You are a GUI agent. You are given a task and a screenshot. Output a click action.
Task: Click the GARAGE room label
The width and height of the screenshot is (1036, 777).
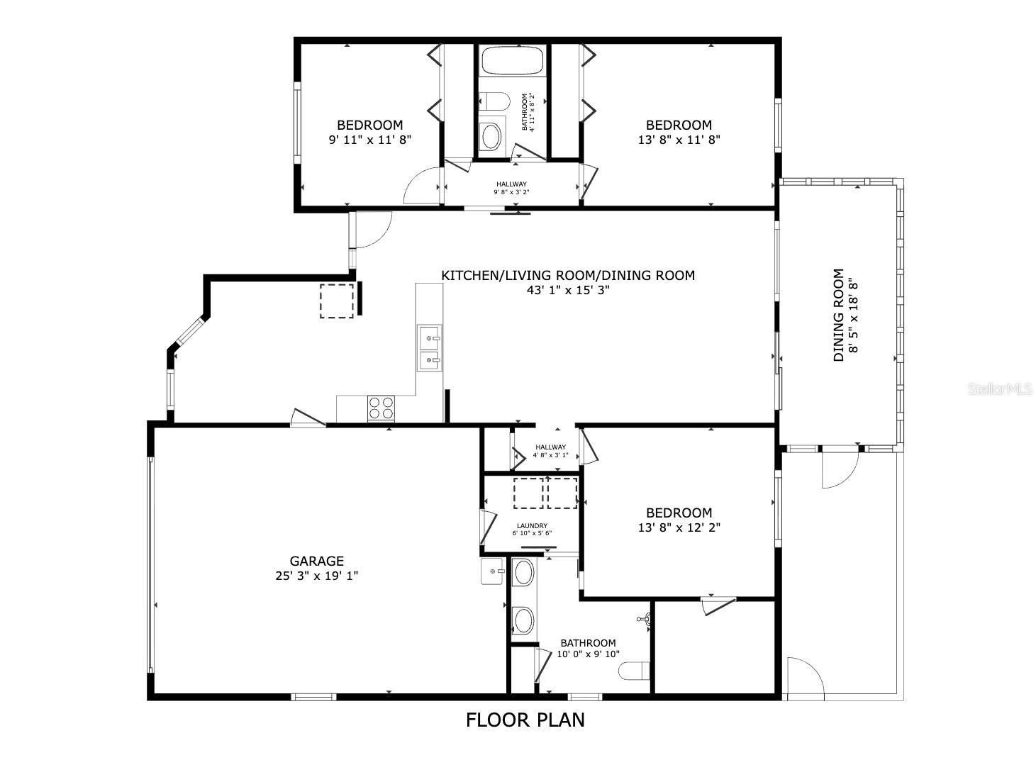(x=316, y=561)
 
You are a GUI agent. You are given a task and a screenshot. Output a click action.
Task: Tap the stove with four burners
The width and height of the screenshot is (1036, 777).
(x=381, y=408)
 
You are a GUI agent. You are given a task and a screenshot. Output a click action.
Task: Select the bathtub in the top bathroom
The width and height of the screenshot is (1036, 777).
(x=511, y=61)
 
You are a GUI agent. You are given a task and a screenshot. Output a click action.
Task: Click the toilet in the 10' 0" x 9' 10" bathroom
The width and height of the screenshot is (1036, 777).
(x=634, y=671)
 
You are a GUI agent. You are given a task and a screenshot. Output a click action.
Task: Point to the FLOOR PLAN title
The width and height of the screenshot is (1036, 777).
(x=525, y=720)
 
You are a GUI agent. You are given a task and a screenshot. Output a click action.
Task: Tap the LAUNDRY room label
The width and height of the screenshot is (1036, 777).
(x=531, y=526)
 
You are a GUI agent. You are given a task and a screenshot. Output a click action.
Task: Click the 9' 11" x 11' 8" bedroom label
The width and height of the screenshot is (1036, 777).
(x=369, y=140)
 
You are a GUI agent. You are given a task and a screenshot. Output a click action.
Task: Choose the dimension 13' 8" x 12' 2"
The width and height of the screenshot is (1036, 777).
(x=679, y=527)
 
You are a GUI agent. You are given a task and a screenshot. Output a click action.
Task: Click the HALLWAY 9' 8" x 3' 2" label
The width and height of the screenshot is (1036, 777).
(x=511, y=188)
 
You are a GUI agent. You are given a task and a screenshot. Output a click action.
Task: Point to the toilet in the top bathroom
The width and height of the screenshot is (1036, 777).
(x=494, y=101)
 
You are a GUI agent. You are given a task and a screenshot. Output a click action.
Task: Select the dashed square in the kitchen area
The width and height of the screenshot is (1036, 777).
(x=336, y=301)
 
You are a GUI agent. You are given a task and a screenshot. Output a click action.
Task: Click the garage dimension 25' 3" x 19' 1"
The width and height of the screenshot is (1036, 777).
(x=316, y=576)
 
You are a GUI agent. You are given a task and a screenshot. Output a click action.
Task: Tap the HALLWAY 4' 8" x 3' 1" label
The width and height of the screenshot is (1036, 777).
(x=550, y=451)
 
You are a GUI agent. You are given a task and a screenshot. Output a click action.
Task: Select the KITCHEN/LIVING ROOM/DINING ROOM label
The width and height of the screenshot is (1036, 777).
(x=567, y=275)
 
